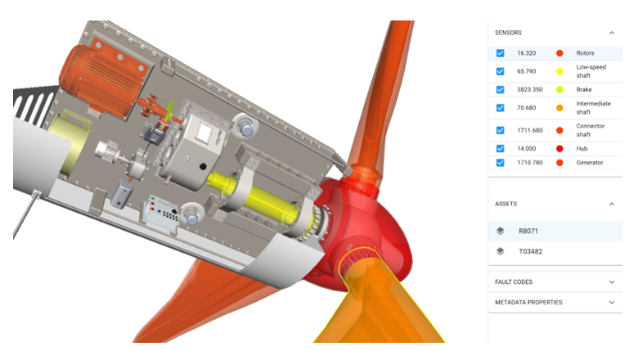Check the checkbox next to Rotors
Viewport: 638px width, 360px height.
pos(500,53)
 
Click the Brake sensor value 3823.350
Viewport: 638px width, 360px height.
pos(530,89)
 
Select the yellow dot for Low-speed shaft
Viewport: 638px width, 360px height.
pos(559,72)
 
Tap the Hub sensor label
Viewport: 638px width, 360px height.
pos(582,148)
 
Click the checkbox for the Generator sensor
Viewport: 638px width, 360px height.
pos(500,163)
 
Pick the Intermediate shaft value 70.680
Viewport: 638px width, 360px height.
pos(527,108)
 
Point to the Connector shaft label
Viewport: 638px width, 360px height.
pos(591,130)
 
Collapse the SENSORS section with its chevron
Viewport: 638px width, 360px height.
pos(612,33)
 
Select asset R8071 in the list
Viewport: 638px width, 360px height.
pos(528,231)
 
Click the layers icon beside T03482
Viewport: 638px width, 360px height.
pos(501,251)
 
